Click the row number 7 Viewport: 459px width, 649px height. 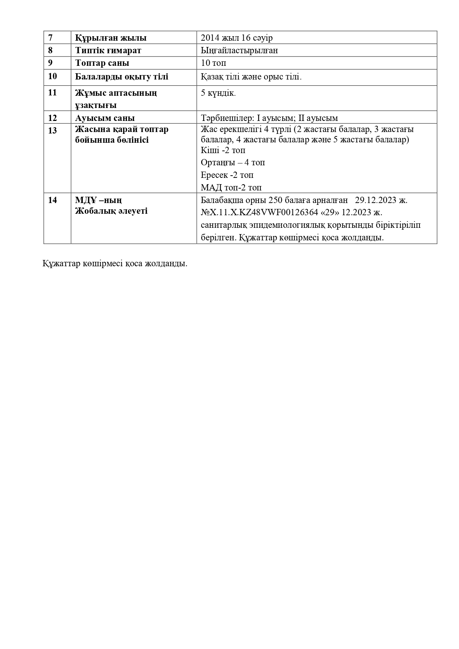click(x=50, y=38)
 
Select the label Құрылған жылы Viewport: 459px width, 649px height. click(x=111, y=38)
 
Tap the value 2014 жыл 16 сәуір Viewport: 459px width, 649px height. click(x=237, y=38)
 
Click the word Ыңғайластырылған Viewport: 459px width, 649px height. click(x=239, y=50)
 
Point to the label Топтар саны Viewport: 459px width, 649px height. click(x=102, y=63)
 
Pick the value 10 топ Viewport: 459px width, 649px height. click(x=213, y=63)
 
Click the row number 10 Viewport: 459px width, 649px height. click(x=53, y=77)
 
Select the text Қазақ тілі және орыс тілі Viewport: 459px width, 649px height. click(x=251, y=77)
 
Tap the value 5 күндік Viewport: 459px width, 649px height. click(x=218, y=93)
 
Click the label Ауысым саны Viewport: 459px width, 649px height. click(x=105, y=118)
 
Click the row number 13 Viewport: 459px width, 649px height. click(x=53, y=130)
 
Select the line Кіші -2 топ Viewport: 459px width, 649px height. click(x=223, y=150)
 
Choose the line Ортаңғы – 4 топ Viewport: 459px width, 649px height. click(x=233, y=163)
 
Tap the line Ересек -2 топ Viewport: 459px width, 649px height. click(x=227, y=175)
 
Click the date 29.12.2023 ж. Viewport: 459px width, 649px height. click(x=381, y=200)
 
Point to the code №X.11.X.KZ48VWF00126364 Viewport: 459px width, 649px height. click(x=259, y=213)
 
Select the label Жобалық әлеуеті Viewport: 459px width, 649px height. click(x=111, y=211)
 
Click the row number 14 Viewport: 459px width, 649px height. click(x=53, y=200)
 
